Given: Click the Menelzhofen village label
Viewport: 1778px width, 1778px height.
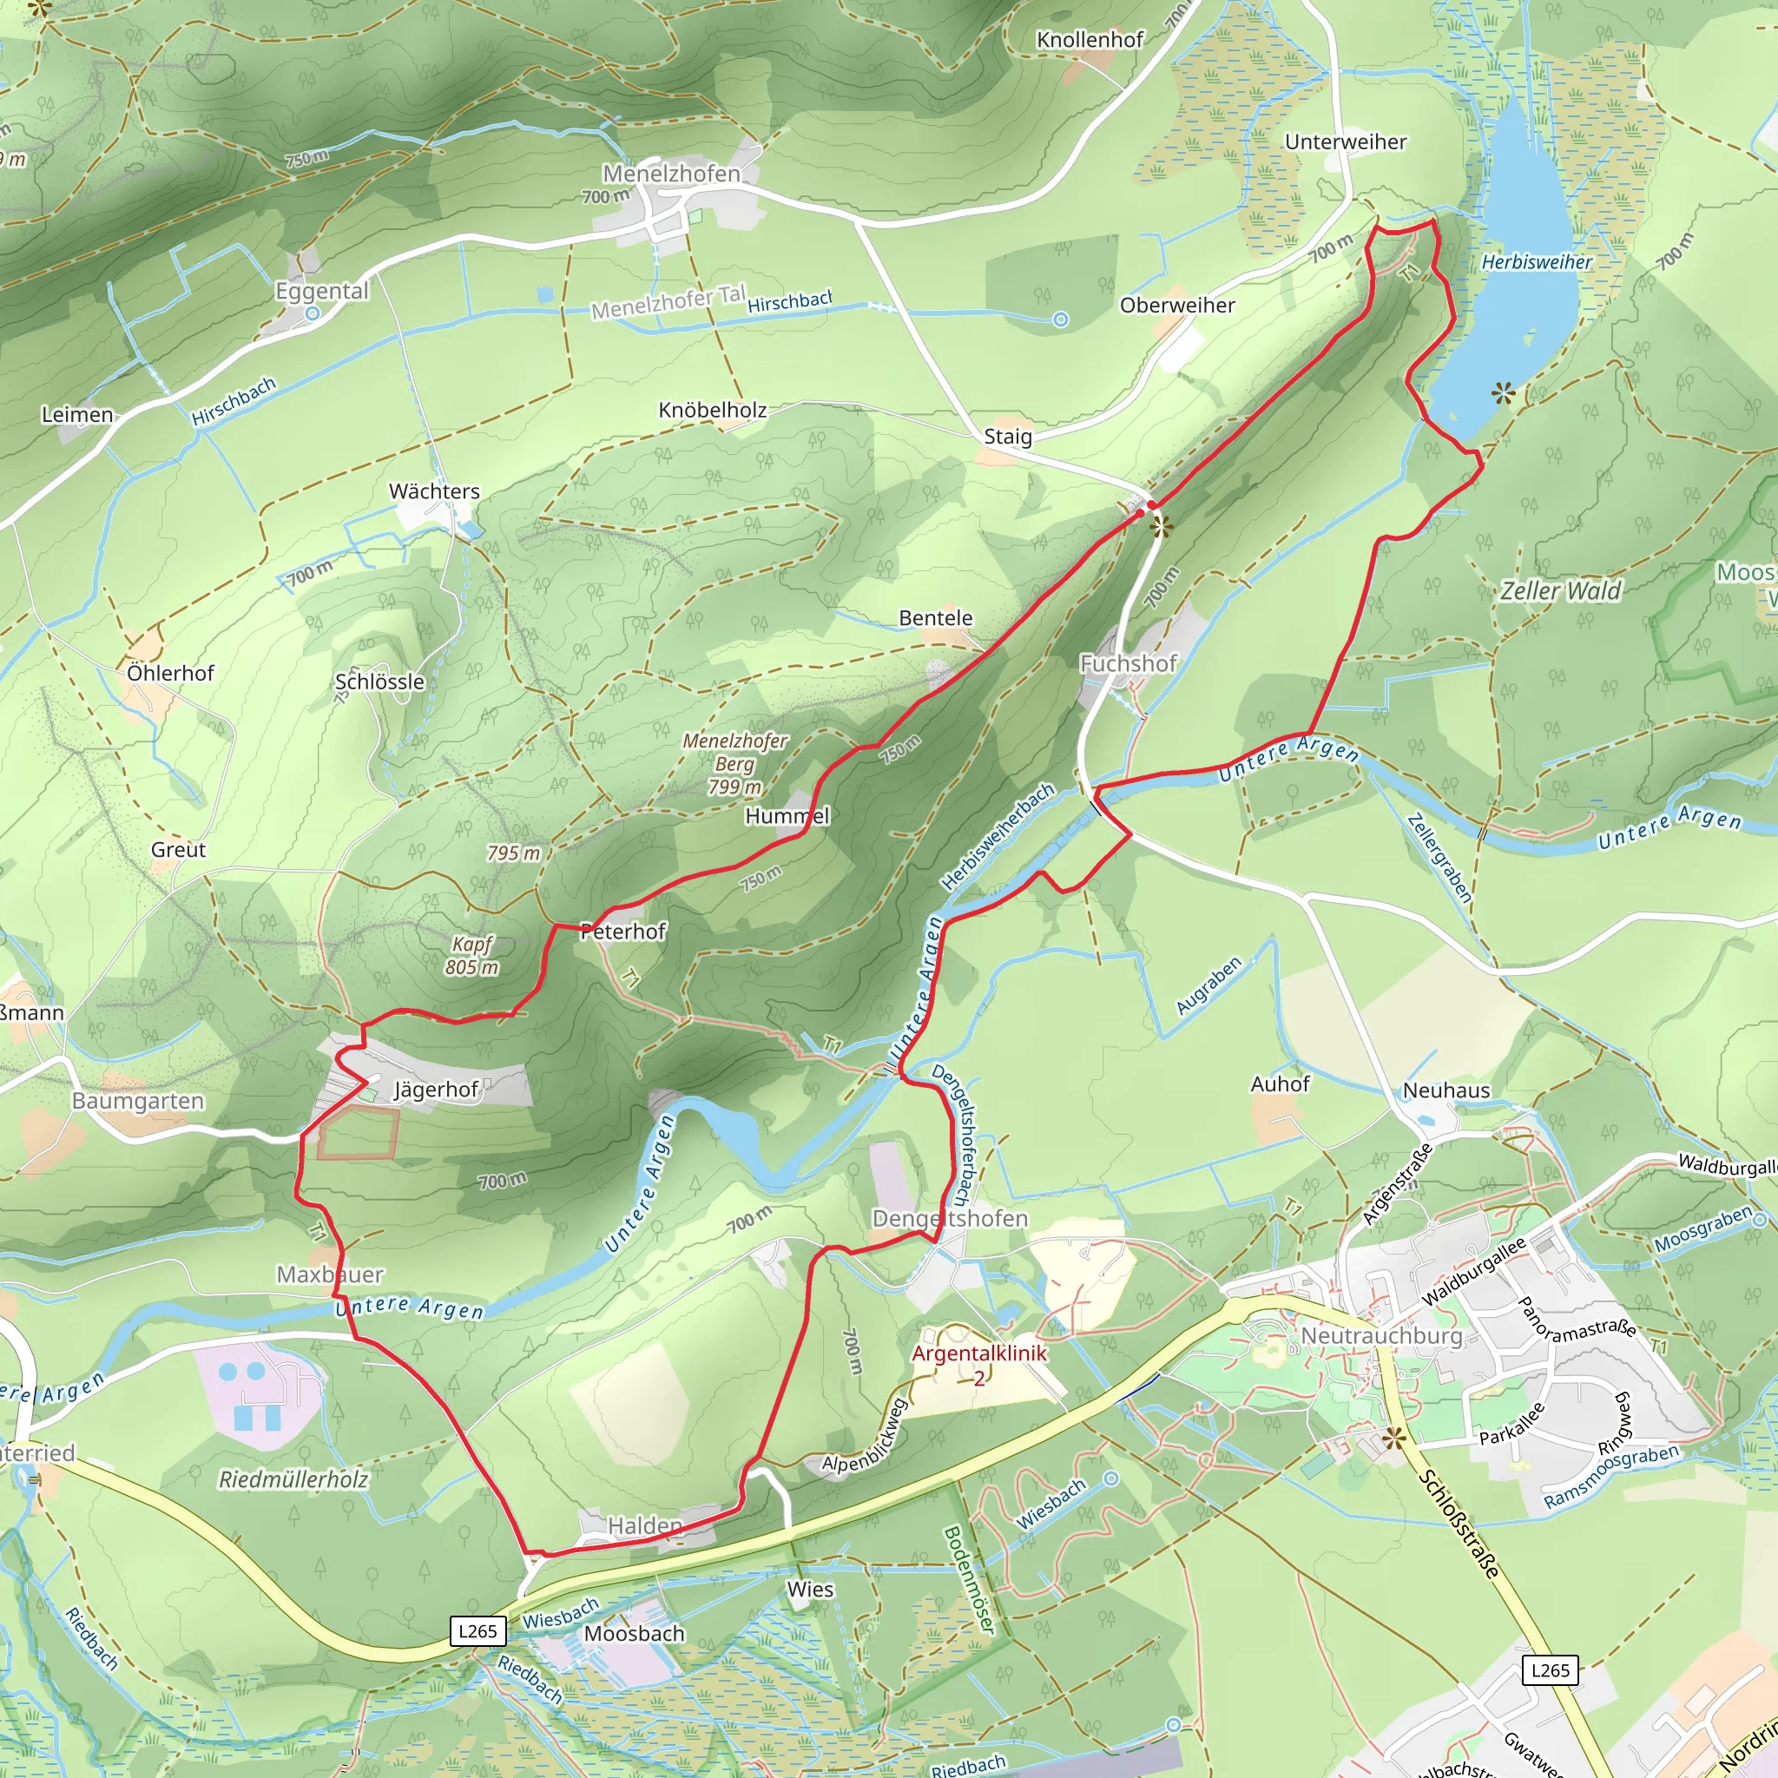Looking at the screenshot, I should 671,174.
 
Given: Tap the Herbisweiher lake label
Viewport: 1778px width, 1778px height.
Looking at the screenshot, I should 1536,262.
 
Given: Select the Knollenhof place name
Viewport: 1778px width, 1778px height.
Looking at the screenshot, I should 1090,40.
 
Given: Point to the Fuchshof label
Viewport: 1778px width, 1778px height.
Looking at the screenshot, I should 1129,663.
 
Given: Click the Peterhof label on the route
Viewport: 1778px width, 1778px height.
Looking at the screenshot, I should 623,932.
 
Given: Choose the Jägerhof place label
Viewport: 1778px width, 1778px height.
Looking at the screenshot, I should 436,1090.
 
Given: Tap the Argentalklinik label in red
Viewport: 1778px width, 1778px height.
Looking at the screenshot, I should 979,1353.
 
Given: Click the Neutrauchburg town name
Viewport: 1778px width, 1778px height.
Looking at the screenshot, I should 1381,1335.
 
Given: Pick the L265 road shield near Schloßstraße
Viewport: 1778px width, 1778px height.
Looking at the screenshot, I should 1551,1670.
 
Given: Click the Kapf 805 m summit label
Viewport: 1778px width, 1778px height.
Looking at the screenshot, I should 471,955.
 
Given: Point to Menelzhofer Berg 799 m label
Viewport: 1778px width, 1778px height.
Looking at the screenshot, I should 734,763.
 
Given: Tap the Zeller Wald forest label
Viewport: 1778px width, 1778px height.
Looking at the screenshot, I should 1561,591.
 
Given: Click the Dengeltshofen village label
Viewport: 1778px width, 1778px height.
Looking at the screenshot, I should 950,1218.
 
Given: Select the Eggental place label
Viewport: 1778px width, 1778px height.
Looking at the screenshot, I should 322,291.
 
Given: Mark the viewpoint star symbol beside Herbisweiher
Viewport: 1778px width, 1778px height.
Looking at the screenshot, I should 1504,395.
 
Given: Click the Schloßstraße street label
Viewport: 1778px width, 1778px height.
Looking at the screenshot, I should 1459,1524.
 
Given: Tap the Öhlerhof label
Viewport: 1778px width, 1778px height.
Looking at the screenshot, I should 170,674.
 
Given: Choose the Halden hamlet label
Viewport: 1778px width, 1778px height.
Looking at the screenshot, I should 645,1526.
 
